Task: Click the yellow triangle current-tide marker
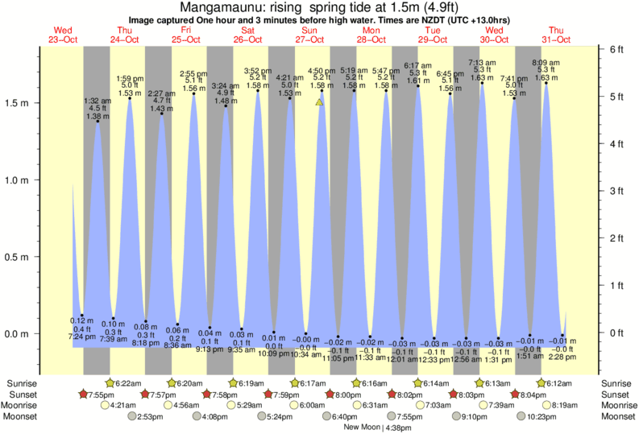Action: pyautogui.click(x=320, y=102)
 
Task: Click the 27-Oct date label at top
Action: pyautogui.click(x=309, y=39)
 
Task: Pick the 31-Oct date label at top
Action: pyautogui.click(x=556, y=39)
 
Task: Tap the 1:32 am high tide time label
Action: pyautogui.click(x=98, y=101)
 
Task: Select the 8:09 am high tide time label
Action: pyautogui.click(x=547, y=63)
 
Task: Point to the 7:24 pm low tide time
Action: pyautogui.click(x=82, y=336)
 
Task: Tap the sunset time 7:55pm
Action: pyautogui.click(x=103, y=395)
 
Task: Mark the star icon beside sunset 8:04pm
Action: pyautogui.click(x=514, y=395)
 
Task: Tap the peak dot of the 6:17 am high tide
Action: pyautogui.click(x=418, y=85)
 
